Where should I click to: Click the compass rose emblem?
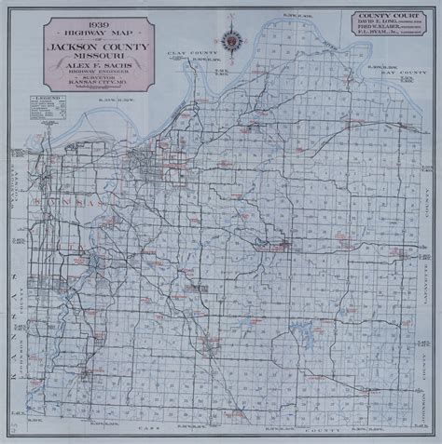(x=229, y=42)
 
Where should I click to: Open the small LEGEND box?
(x=35, y=111)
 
